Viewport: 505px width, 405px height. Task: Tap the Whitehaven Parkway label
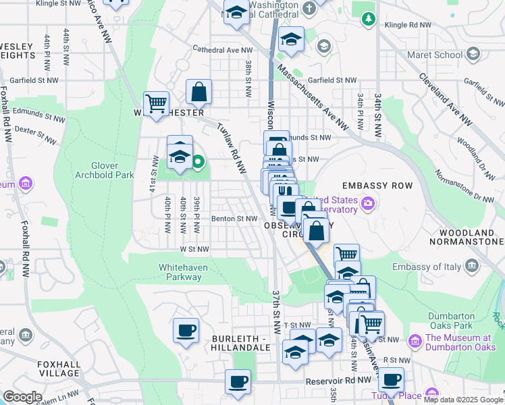tap(183, 272)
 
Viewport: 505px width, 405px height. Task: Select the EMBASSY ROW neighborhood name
tap(373, 186)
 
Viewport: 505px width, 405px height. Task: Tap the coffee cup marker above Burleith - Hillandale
tap(186, 331)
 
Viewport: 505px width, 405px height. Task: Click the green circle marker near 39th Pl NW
tap(198, 161)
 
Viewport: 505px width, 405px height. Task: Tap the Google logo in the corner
tap(22, 397)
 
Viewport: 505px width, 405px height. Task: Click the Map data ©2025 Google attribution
tap(462, 400)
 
